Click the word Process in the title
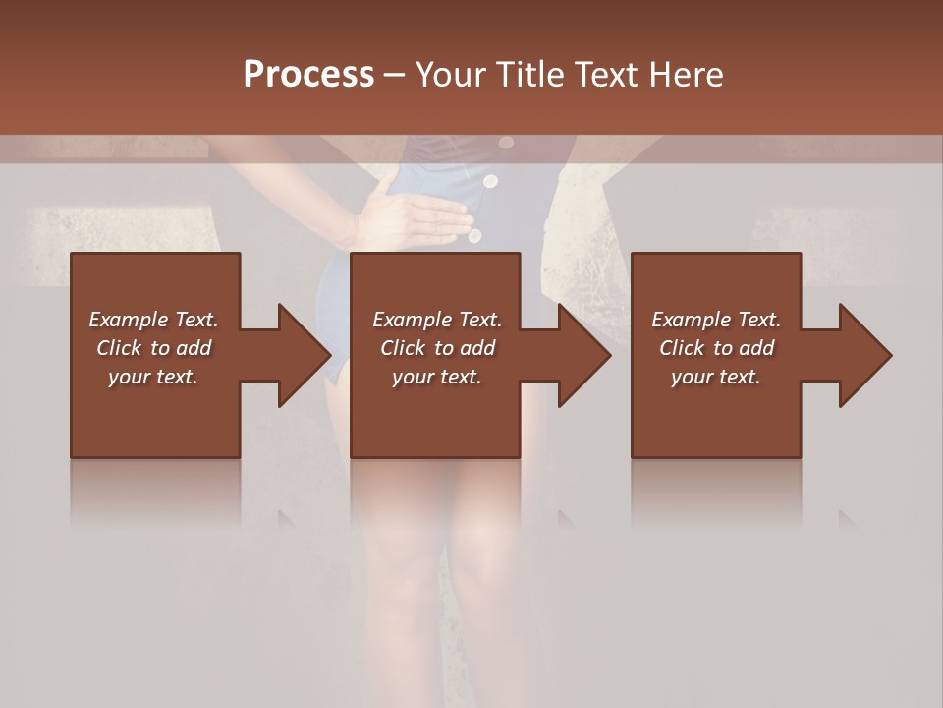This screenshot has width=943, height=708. click(308, 75)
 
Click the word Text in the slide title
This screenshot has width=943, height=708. click(607, 75)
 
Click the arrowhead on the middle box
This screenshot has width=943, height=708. click(582, 355)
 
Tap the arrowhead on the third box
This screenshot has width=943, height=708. click(863, 355)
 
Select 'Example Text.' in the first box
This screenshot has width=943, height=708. click(153, 320)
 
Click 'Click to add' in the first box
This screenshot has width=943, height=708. click(153, 348)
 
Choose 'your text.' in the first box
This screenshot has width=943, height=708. click(153, 377)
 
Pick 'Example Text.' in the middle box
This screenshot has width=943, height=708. click(437, 320)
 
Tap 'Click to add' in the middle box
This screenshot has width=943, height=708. click(437, 348)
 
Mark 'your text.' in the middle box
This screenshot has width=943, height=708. click(437, 377)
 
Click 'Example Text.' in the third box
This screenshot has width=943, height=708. click(716, 320)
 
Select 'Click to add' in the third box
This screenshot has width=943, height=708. click(716, 348)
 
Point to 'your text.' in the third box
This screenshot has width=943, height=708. click(716, 377)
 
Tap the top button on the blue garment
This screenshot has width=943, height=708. click(507, 143)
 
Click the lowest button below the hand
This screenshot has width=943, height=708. click(475, 236)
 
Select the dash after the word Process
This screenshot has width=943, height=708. click(394, 75)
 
